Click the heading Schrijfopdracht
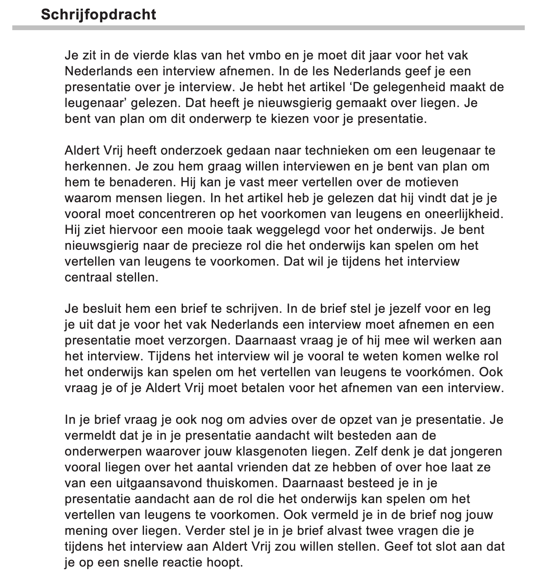[98, 15]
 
